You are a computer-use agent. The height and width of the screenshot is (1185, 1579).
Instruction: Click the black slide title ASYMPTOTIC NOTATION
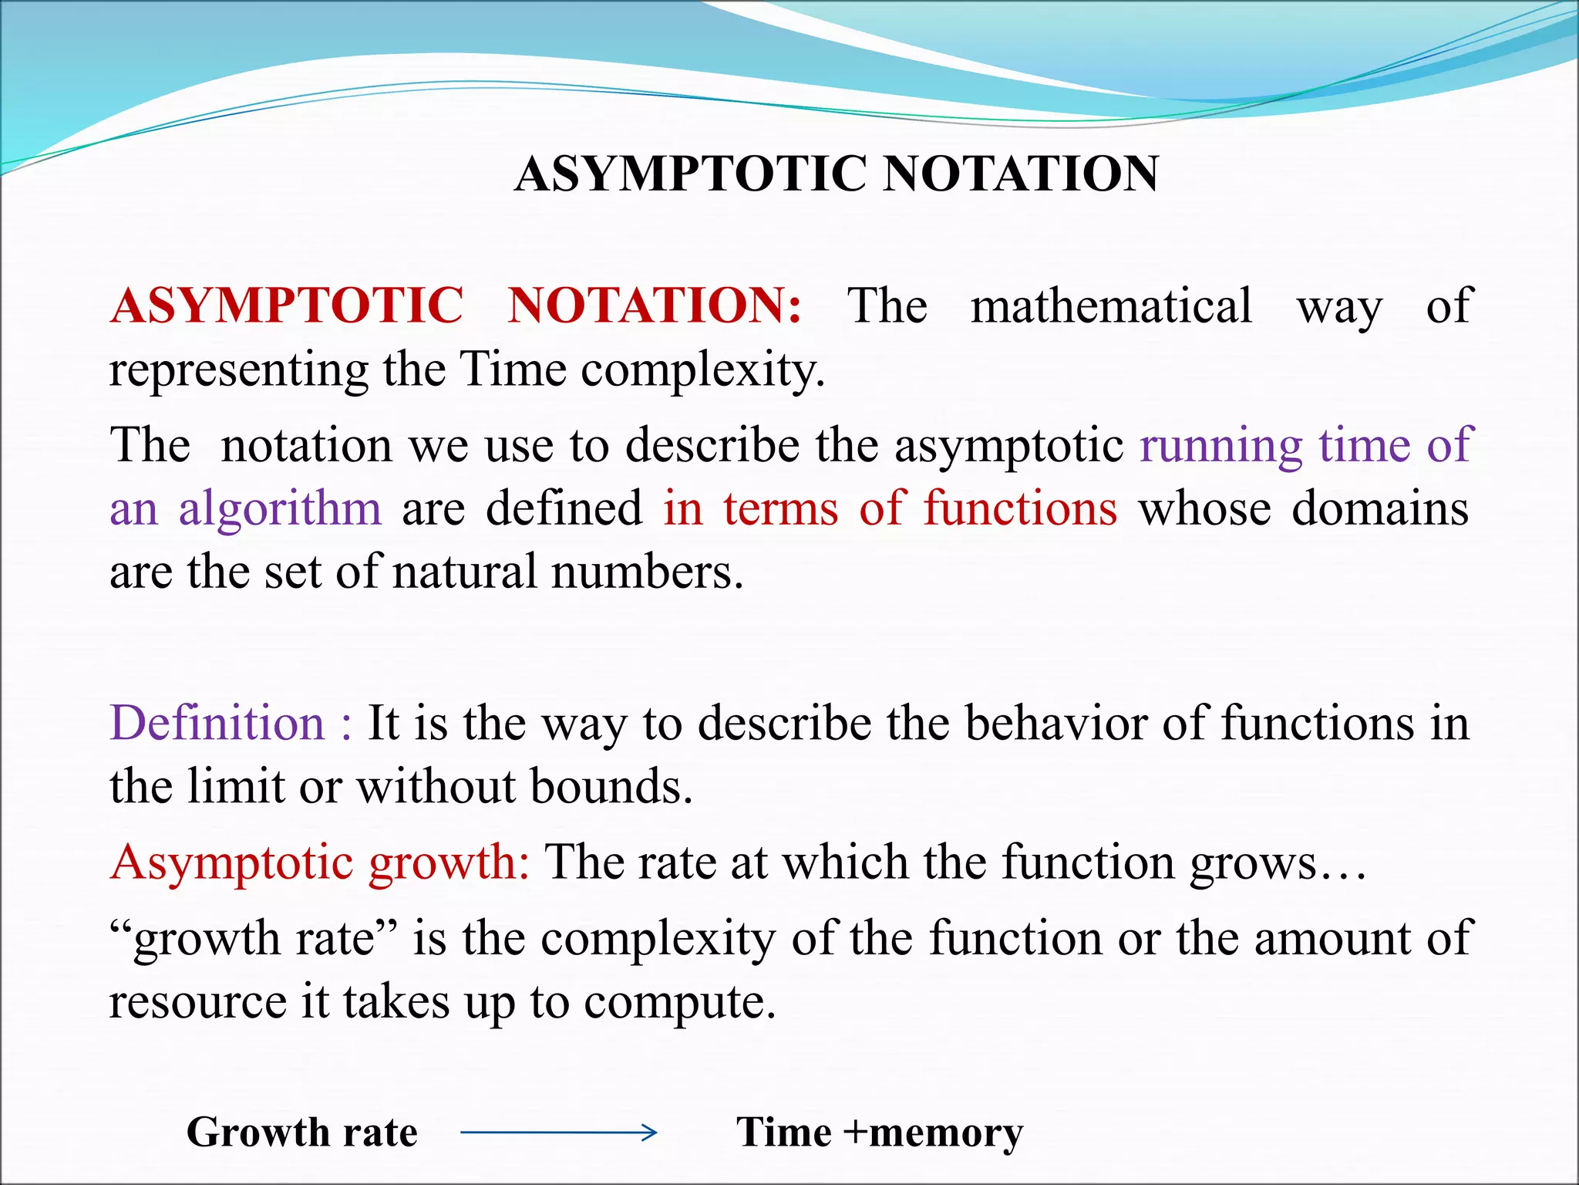[x=837, y=174]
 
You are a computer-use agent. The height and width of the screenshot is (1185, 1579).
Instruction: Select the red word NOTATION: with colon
[x=655, y=306]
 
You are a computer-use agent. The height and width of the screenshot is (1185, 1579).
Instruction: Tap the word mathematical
[x=1111, y=306]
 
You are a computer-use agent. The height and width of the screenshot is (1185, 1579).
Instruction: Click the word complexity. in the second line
[x=702, y=370]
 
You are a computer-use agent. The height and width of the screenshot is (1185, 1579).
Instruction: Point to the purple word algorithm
[x=280, y=509]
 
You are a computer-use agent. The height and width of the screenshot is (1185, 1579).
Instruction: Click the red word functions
[x=1020, y=509]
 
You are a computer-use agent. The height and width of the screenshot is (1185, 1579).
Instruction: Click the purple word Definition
[x=217, y=724]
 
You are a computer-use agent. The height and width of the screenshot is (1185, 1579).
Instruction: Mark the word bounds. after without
[x=611, y=787]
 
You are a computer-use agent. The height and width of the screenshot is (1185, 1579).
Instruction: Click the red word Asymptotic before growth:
[x=231, y=863]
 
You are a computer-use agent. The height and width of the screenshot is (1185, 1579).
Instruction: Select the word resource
[x=197, y=1002]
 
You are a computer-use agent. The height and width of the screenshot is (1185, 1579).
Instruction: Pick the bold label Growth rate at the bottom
[x=301, y=1133]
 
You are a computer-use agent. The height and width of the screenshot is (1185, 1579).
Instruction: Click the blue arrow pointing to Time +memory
[x=558, y=1133]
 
